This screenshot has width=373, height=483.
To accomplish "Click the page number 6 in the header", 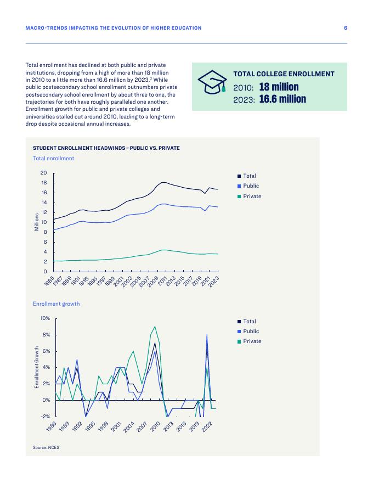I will tap(346, 28).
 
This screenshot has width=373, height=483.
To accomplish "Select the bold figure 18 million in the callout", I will tap(279, 87).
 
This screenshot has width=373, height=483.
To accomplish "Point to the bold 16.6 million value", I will tap(282, 99).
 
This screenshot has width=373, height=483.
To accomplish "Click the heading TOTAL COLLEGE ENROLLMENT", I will tap(284, 74).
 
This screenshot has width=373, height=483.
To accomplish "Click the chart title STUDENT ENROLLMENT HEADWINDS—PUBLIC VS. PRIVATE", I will tap(106, 148).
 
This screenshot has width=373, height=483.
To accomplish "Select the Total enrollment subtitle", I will tap(53, 159).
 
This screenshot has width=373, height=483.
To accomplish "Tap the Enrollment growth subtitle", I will tap(56, 304).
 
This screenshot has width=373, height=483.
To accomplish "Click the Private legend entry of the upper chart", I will tap(252, 196).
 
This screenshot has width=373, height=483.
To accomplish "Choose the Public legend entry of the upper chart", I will tap(251, 186).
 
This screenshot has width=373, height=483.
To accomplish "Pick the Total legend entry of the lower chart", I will tap(249, 322).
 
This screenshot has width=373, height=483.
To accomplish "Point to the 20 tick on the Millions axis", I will tap(43, 173).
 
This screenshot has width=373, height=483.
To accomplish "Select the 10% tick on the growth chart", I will tap(45, 318).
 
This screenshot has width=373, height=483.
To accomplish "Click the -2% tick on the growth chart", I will tap(45, 416).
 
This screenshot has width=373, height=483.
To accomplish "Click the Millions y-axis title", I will tap(37, 222).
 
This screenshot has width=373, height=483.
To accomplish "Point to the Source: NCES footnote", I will tap(46, 448).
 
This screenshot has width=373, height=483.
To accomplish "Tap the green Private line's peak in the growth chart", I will tap(155, 327).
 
